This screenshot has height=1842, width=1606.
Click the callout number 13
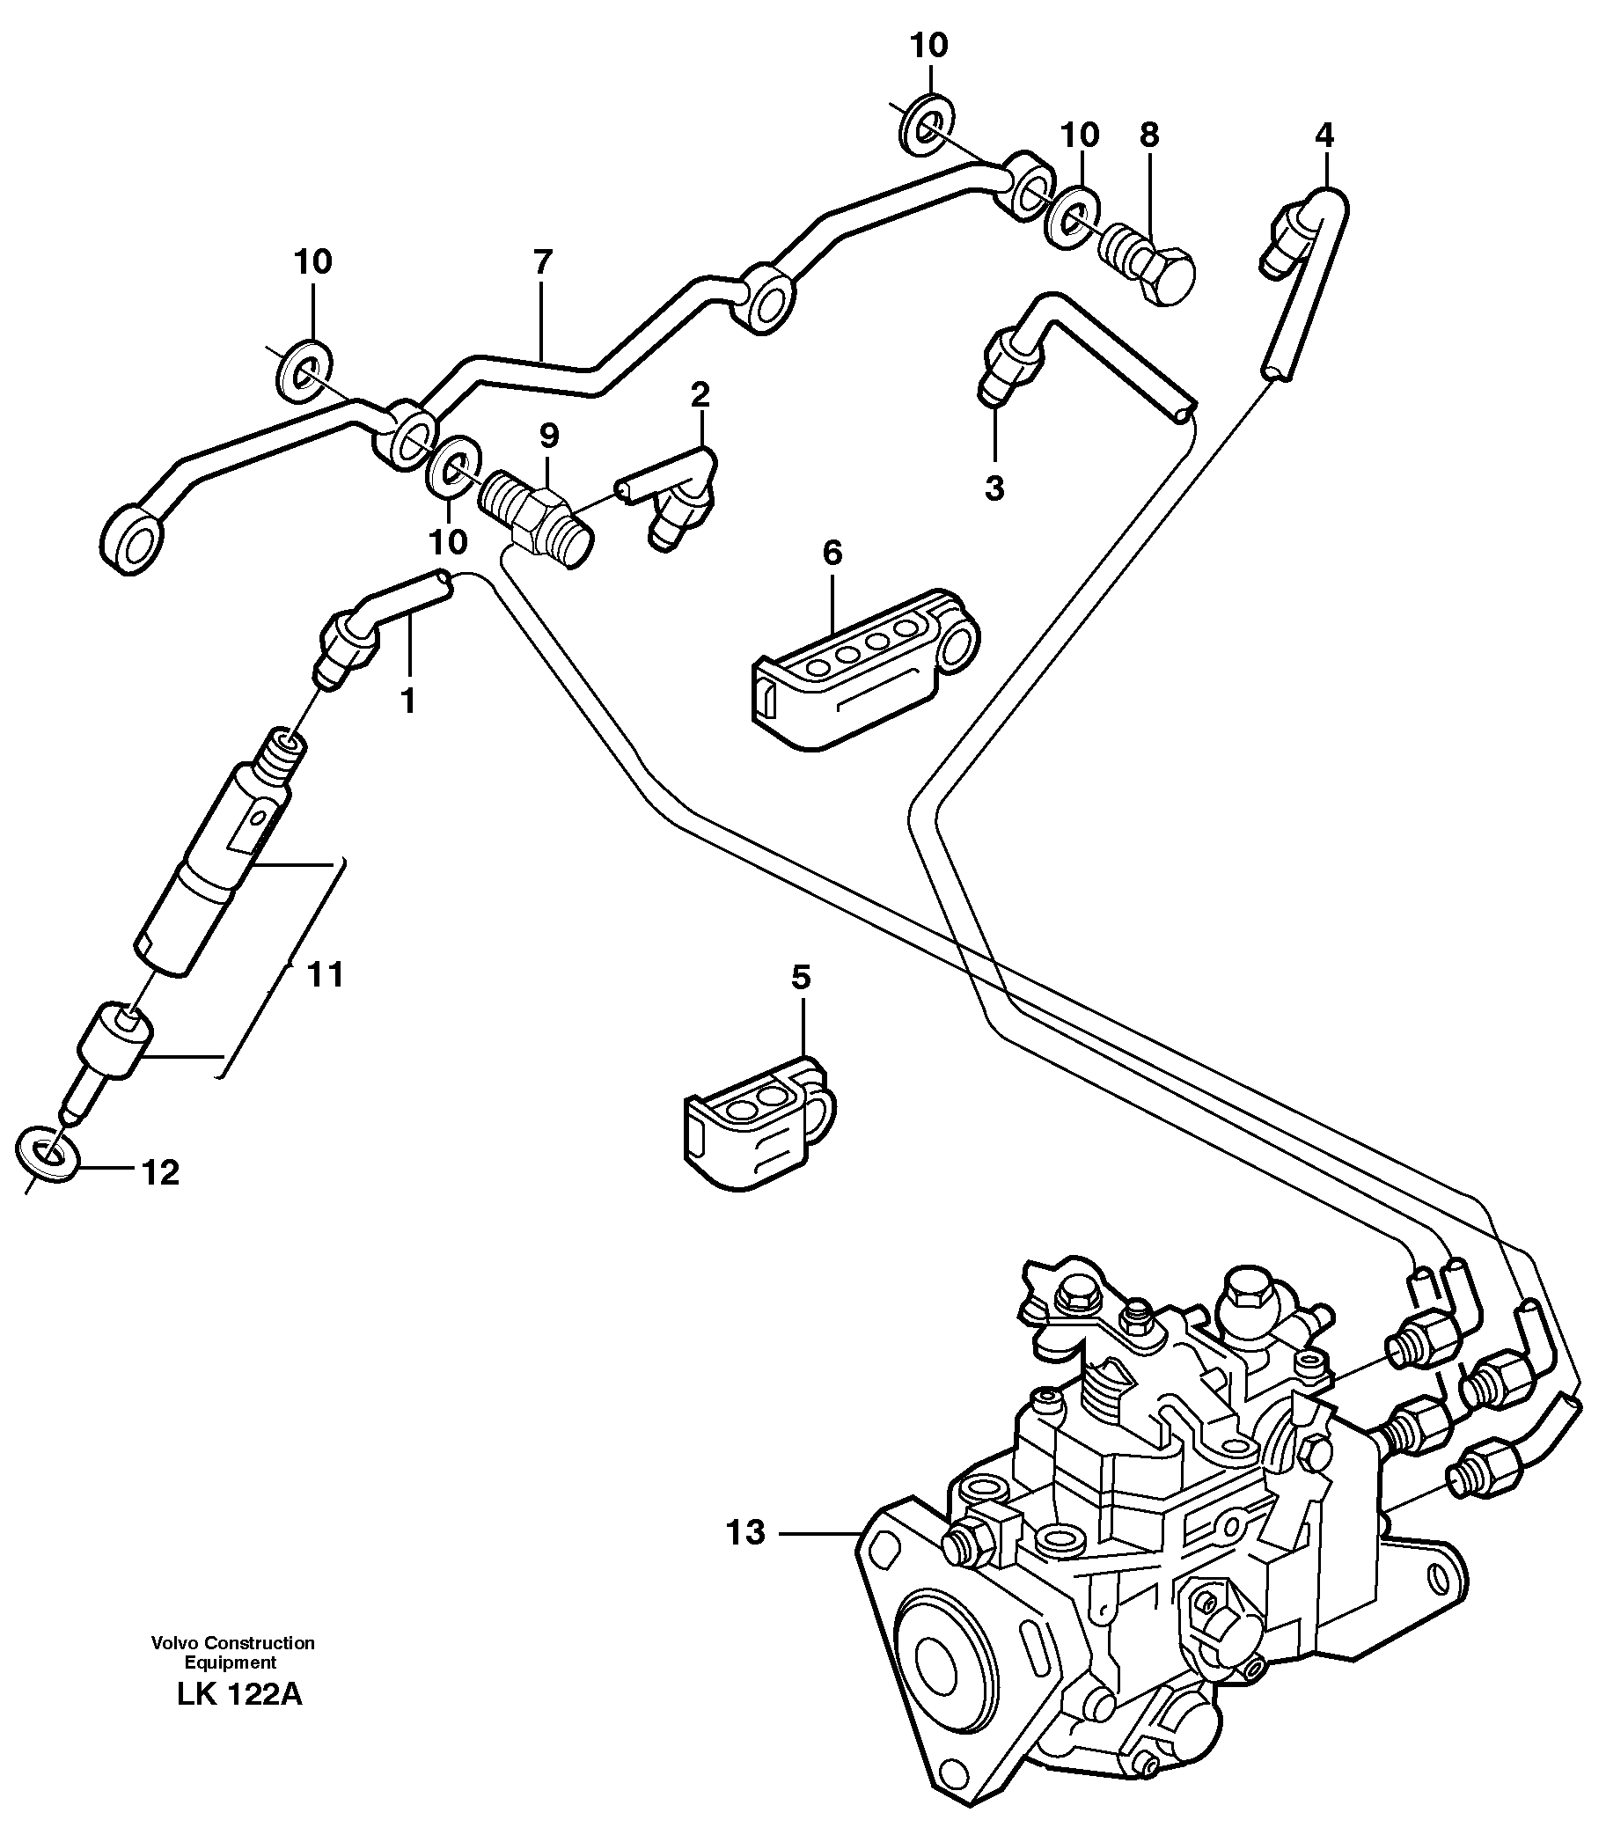click(745, 1533)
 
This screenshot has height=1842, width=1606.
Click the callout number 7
click(542, 262)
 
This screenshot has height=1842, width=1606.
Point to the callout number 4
click(1324, 136)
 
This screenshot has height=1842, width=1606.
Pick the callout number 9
click(548, 436)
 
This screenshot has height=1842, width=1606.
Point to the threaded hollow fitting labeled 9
click(536, 517)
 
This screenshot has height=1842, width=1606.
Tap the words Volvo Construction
click(233, 1643)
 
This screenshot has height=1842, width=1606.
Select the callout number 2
click(700, 393)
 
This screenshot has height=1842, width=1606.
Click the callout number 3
click(994, 488)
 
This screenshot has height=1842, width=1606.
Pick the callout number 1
click(407, 700)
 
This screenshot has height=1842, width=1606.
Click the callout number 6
click(832, 553)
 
